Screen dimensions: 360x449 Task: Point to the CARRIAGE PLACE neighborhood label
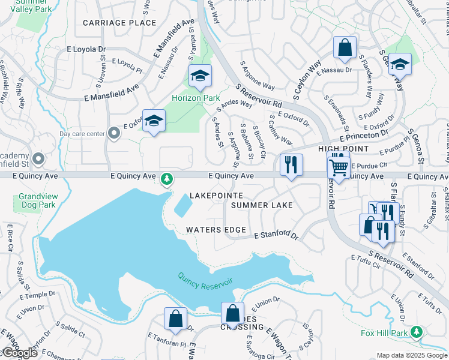[119, 23]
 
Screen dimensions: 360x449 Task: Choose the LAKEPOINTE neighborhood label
[216, 196]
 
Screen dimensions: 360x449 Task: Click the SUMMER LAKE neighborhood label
[262, 205]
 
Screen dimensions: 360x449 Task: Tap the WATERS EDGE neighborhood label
[215, 230]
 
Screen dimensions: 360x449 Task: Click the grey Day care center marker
[114, 134]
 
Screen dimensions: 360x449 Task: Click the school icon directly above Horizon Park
[200, 76]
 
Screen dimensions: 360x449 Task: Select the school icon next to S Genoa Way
[400, 64]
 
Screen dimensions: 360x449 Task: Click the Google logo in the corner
[19, 353]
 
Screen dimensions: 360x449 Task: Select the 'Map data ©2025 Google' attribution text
[412, 355]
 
